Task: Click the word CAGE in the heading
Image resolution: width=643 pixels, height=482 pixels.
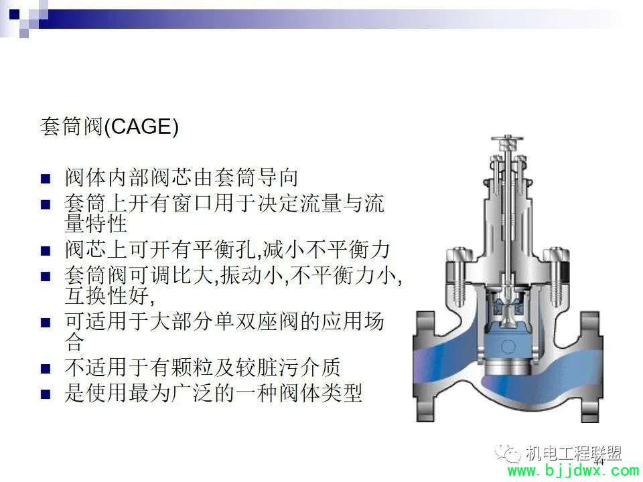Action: (142, 127)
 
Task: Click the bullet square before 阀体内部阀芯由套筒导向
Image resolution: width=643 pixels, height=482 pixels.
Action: (46, 179)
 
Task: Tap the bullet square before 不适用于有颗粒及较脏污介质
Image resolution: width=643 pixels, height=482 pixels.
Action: (46, 368)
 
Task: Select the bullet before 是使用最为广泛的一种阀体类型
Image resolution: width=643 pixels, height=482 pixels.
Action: (46, 394)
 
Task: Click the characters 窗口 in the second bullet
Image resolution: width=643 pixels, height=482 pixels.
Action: (193, 204)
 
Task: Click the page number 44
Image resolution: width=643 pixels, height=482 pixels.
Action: (599, 461)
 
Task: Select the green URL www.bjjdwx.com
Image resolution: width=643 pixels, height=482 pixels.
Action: (573, 472)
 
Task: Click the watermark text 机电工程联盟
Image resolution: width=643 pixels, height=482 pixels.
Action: (573, 453)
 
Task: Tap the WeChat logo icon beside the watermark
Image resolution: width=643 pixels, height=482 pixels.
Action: (508, 453)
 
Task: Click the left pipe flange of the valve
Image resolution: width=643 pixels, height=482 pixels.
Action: (424, 367)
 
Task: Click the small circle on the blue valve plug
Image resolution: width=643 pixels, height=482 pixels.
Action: (508, 347)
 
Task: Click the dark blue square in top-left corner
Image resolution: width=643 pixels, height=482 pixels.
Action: (14, 14)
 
